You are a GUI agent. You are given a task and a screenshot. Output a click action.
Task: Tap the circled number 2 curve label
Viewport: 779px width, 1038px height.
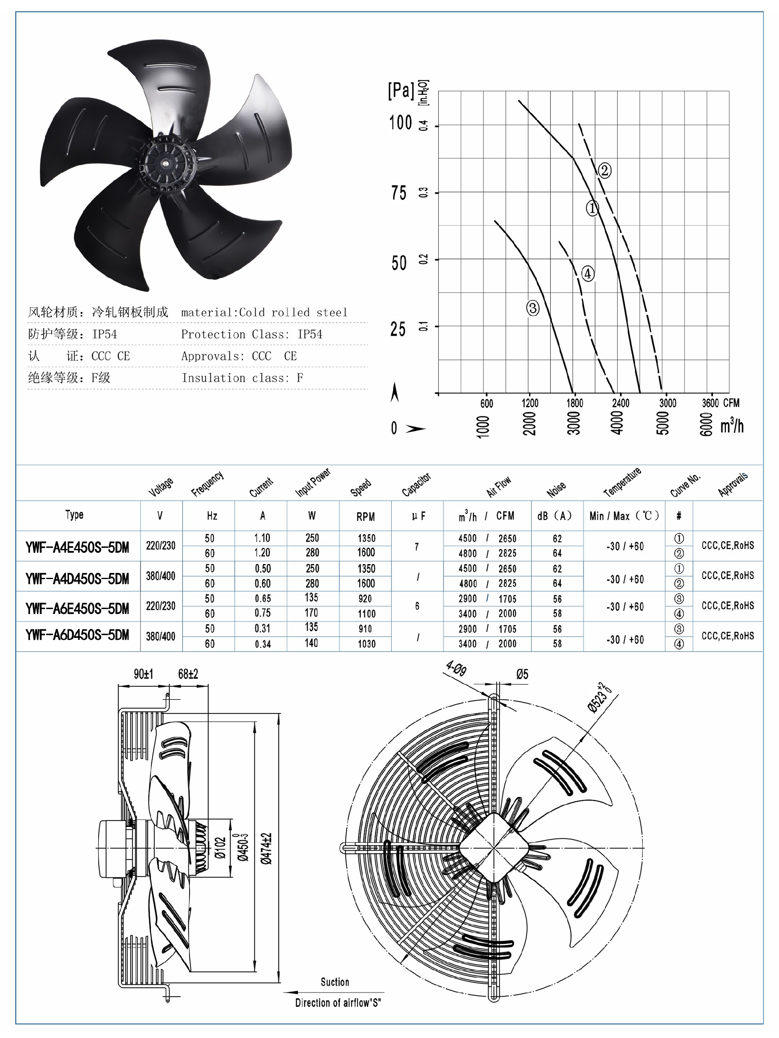[605, 170]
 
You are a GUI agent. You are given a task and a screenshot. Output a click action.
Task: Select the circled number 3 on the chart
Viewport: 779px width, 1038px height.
[533, 308]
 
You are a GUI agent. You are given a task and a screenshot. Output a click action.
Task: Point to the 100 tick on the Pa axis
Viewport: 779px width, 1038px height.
[400, 123]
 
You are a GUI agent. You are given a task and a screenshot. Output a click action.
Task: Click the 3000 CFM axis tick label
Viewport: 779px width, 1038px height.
[667, 403]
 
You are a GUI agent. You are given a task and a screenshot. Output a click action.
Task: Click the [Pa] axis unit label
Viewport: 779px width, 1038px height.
[401, 90]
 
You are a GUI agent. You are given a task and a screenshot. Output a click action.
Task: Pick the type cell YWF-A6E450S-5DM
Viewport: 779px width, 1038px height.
[77, 609]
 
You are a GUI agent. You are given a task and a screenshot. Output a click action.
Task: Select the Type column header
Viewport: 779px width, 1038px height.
[74, 515]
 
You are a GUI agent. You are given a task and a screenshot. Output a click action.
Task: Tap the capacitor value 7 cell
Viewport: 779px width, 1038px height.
[417, 546]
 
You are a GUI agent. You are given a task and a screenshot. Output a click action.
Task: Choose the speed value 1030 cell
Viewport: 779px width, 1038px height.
[366, 644]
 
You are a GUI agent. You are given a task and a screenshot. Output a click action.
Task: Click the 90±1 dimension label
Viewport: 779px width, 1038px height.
[143, 674]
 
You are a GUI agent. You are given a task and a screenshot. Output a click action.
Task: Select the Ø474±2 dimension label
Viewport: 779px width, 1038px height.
[267, 848]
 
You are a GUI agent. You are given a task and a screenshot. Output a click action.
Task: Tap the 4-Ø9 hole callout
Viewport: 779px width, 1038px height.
[456, 668]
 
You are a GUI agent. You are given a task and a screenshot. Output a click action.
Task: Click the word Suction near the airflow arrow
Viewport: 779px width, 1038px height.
[335, 982]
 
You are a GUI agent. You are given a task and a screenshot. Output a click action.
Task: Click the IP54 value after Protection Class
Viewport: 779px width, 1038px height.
[310, 334]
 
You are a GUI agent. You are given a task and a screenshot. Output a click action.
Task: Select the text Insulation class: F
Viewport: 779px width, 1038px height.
[242, 378]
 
